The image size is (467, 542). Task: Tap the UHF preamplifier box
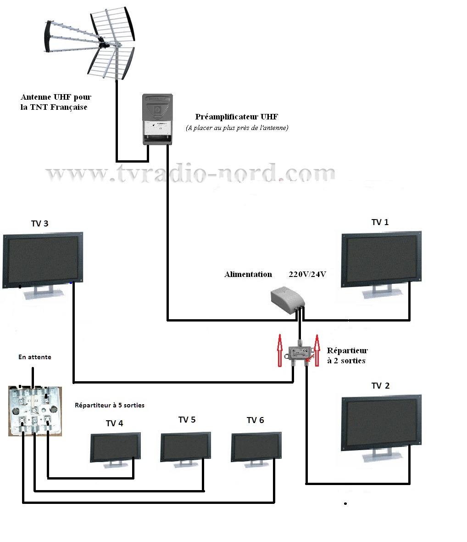(157, 119)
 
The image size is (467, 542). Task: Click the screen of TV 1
(381, 259)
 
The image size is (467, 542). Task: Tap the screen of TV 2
(381, 422)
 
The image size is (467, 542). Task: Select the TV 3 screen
(43, 260)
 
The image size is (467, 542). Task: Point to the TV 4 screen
(115, 447)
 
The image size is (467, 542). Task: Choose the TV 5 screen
(186, 446)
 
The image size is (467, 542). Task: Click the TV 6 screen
(256, 446)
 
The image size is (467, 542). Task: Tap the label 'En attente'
(35, 357)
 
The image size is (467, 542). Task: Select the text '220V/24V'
(307, 275)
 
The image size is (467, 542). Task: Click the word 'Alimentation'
(248, 275)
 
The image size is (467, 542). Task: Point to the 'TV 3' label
(40, 224)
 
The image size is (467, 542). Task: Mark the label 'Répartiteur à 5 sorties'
(110, 405)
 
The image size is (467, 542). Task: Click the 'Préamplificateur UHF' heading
(236, 117)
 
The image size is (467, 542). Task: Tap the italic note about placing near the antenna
(237, 128)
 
